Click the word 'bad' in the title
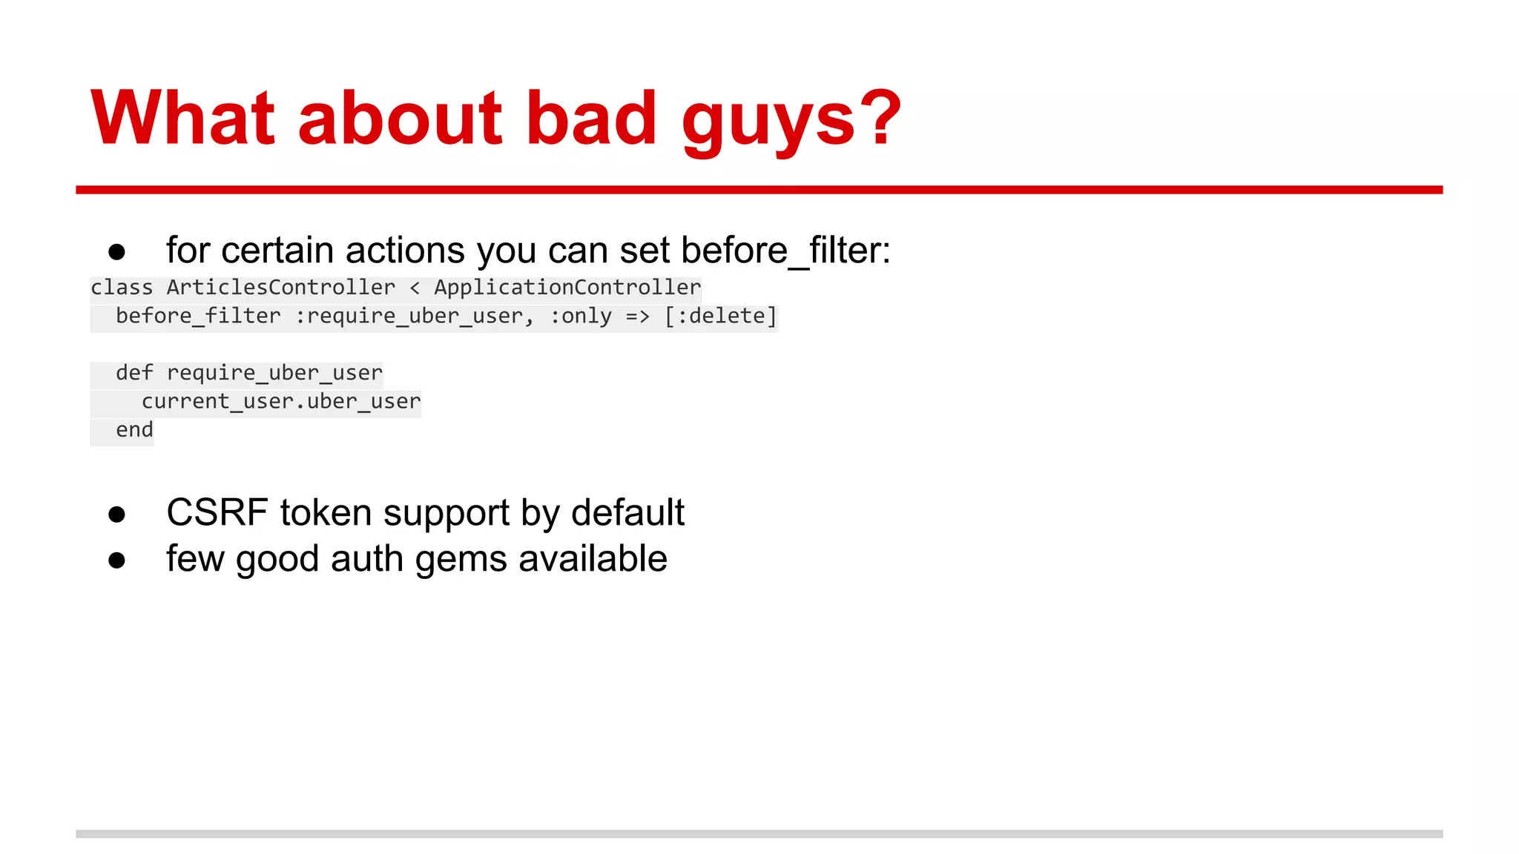pos(591,119)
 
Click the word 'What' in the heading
pos(182,119)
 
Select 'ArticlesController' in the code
pos(281,288)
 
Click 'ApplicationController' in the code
pos(567,288)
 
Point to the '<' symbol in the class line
pos(415,288)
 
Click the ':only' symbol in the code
pos(581,317)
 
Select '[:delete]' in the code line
pos(720,317)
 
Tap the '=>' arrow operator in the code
pos(637,317)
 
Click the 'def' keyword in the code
pos(134,373)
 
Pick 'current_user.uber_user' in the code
pos(281,402)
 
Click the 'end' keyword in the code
pos(134,430)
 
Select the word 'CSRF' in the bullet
pos(217,513)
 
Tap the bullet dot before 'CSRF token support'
pos(116,514)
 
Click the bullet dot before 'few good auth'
pos(116,560)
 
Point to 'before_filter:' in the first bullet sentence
pos(785,251)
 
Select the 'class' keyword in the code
pos(122,288)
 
